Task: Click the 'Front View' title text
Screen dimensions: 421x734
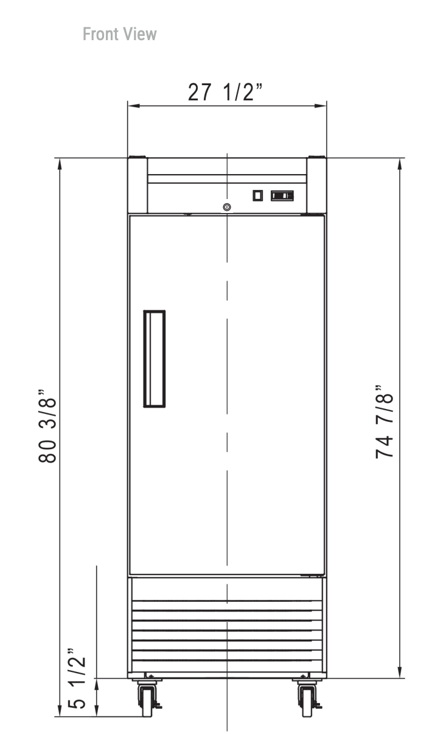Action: tap(120, 34)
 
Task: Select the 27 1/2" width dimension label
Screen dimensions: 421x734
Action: tap(224, 92)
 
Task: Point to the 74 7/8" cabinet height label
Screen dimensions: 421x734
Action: tap(384, 422)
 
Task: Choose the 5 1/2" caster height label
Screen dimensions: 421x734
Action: tap(77, 678)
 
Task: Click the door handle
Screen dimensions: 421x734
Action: tap(155, 359)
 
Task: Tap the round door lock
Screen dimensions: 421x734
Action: tap(227, 207)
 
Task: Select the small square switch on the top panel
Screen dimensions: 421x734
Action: tap(258, 195)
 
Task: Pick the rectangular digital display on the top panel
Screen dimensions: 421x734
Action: tap(282, 195)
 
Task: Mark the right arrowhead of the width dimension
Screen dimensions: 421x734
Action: tap(321, 106)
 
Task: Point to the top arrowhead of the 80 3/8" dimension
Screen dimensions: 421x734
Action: tap(60, 164)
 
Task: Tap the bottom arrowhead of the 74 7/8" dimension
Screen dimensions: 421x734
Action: tap(400, 672)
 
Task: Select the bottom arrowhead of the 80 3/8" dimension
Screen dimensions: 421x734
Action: tap(60, 710)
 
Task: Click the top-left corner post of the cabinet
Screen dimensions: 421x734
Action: tap(137, 185)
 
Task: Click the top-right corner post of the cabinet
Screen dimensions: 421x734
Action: tap(316, 185)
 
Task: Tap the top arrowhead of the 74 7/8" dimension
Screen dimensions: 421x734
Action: tap(400, 164)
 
